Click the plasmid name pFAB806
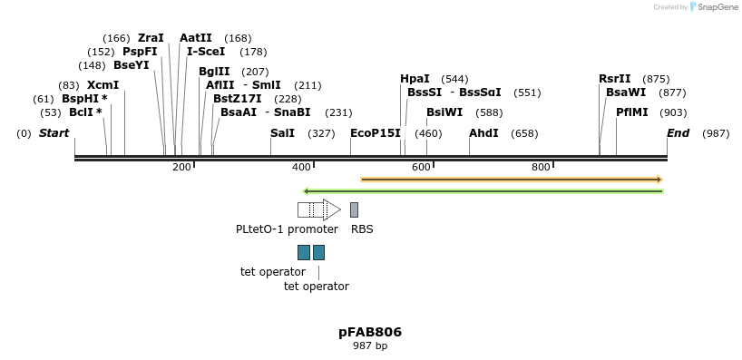(x=370, y=332)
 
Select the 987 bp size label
(x=370, y=345)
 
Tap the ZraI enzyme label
(x=151, y=38)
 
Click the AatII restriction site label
(x=196, y=38)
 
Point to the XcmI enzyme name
(x=103, y=85)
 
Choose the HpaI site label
(x=415, y=79)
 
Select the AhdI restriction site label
(x=483, y=133)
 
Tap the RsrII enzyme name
(x=614, y=79)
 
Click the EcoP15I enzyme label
(x=376, y=133)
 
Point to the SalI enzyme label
(x=282, y=133)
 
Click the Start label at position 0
(x=54, y=133)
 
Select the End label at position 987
(x=679, y=133)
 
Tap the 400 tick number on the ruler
(x=301, y=167)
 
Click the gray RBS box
(x=354, y=209)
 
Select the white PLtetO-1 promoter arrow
(x=318, y=209)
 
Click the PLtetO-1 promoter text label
(x=287, y=229)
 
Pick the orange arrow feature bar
(x=512, y=180)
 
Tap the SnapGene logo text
(x=716, y=7)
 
